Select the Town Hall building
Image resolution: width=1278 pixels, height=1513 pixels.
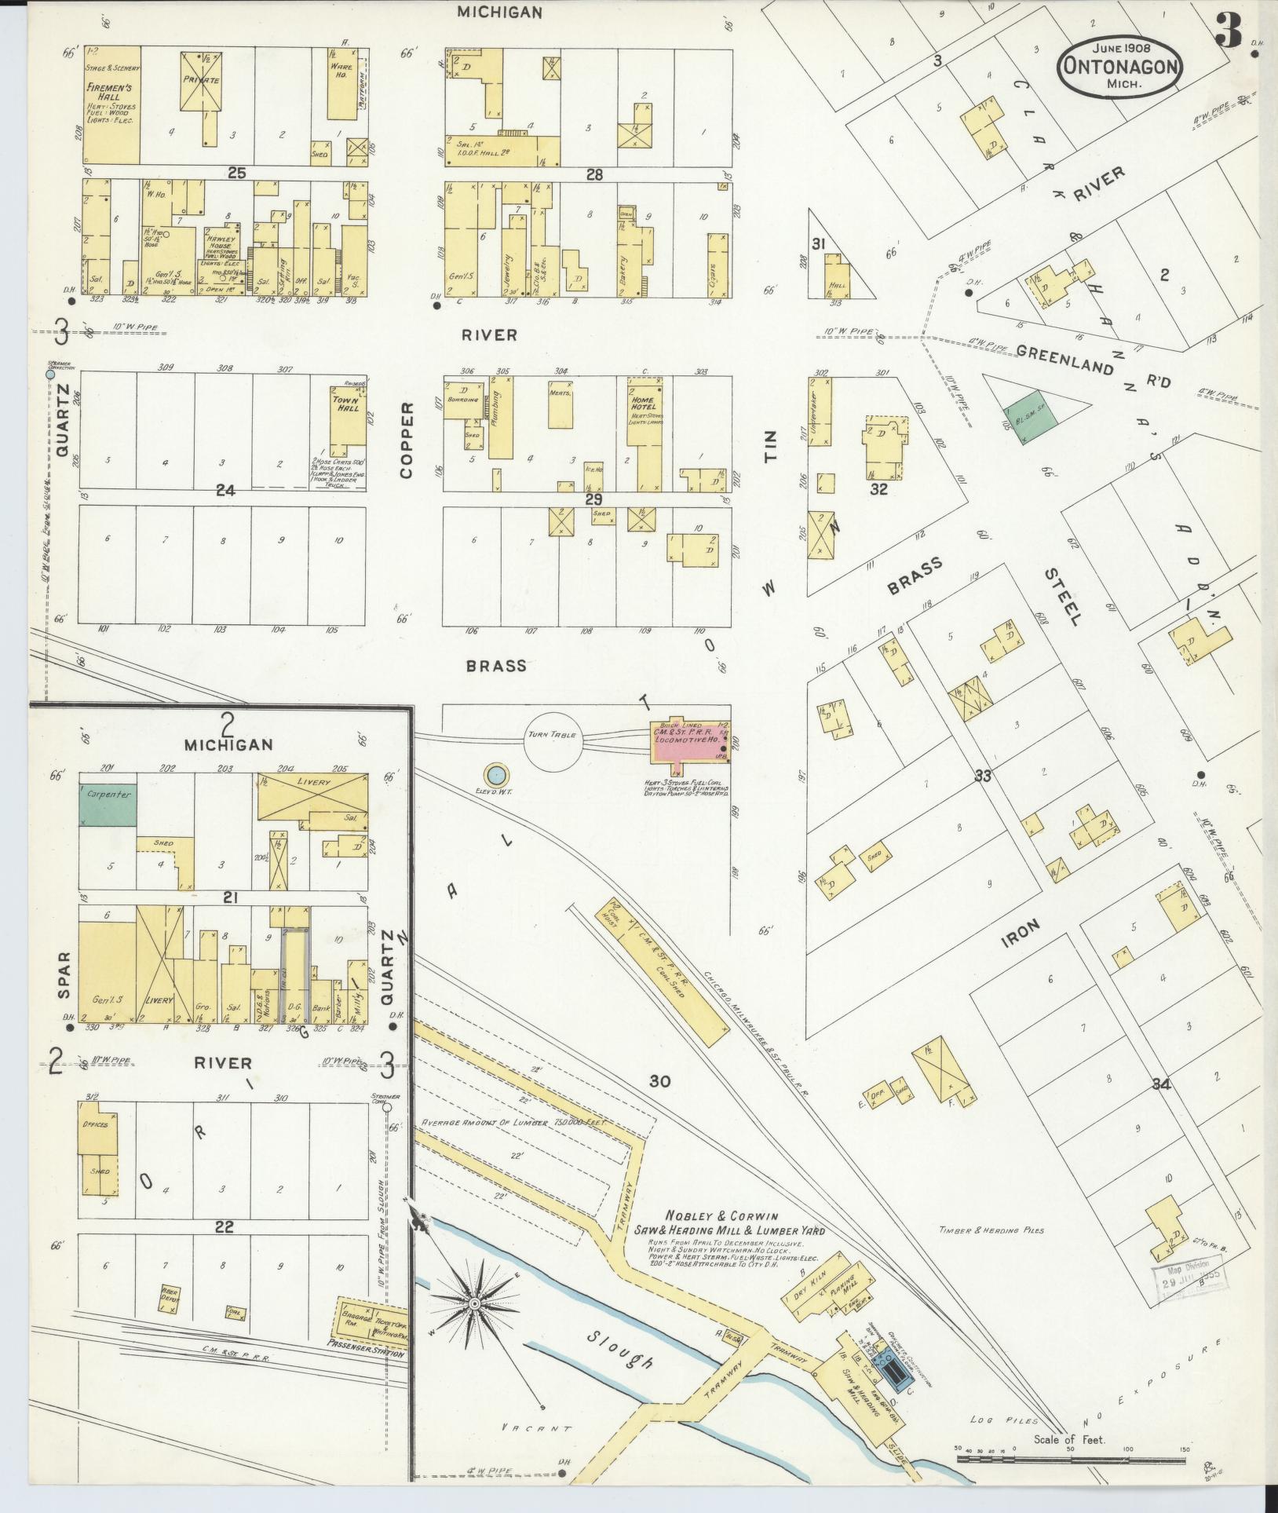point(346,418)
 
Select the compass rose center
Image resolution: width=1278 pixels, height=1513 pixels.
point(474,1304)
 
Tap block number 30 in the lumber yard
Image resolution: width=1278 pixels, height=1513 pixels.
point(659,1081)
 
